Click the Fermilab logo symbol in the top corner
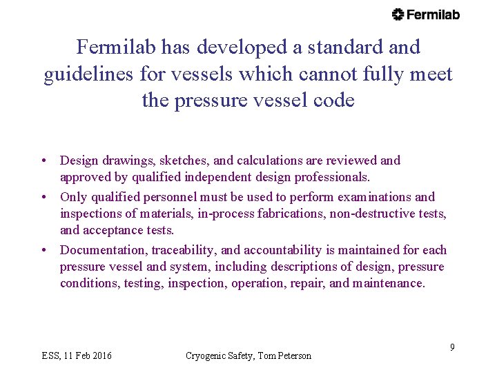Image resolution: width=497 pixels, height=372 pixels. point(398,14)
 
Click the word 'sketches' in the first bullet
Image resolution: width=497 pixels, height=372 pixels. point(183,161)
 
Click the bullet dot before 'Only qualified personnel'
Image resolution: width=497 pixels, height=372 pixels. point(44,198)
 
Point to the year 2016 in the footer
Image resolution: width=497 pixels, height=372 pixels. point(100,356)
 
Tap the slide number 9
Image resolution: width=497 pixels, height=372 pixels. point(452,347)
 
